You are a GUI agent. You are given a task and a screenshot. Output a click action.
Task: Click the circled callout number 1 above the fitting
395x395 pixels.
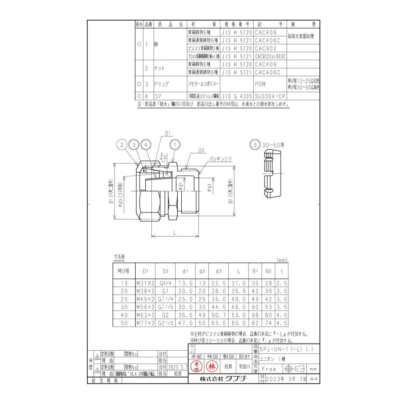[176, 144]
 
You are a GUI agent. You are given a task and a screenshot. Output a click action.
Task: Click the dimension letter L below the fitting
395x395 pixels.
[175, 233]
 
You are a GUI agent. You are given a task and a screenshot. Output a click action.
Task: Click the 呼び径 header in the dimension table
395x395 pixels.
[123, 272]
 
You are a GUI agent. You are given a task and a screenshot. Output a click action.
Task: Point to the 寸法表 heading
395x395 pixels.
[119, 256]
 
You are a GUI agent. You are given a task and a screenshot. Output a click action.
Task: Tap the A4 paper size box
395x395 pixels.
[312, 378]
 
